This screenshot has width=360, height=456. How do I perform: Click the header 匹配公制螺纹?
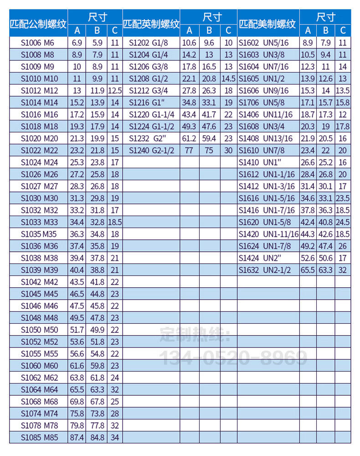point(38,24)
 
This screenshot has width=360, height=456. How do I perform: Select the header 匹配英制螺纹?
point(151,24)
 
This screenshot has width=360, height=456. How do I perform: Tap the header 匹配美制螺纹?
point(267,24)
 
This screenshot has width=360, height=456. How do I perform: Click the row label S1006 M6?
point(38,43)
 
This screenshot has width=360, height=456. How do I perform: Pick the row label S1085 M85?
point(38,437)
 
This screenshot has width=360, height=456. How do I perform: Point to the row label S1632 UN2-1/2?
point(265,270)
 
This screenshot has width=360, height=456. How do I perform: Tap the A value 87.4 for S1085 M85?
point(76,437)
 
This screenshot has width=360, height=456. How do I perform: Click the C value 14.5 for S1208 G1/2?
point(229,79)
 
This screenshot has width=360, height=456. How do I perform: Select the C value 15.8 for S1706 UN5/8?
point(343,103)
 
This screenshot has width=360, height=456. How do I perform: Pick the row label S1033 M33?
point(38,222)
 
